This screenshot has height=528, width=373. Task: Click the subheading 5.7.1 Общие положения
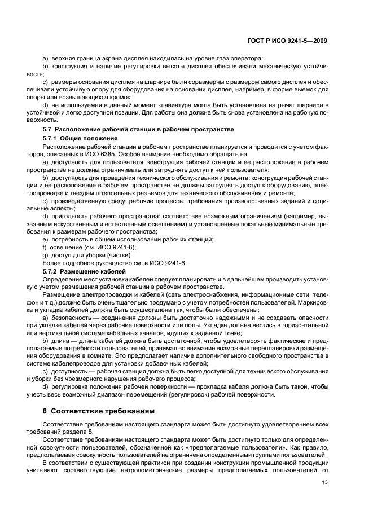pos(80,138)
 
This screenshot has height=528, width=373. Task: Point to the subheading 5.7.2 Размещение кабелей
pos(85,271)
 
